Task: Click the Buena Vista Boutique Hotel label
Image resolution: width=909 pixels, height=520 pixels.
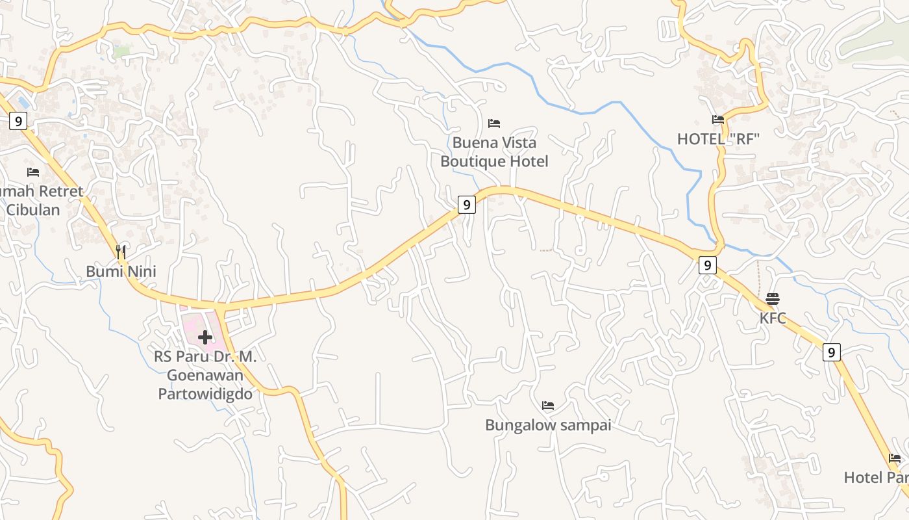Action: point(494,152)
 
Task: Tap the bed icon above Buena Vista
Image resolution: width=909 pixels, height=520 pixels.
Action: point(494,123)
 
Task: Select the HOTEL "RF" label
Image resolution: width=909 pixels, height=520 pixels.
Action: point(718,139)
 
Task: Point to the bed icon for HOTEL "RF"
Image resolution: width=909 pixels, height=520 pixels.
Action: point(718,120)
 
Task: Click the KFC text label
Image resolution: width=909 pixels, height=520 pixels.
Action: point(773,318)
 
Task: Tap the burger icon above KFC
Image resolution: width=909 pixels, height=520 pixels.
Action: point(773,299)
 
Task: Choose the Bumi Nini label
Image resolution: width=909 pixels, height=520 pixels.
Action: point(121,271)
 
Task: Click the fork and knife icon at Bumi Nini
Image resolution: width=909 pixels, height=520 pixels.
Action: point(121,252)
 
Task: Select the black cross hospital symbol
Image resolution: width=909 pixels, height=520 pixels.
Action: point(205,337)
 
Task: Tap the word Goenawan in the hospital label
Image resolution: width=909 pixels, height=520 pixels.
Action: point(205,375)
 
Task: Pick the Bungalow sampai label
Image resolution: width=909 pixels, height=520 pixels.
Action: point(548,425)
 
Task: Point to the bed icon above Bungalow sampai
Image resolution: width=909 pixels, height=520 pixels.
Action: point(548,406)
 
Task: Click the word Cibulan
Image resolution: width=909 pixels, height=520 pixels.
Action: point(33,210)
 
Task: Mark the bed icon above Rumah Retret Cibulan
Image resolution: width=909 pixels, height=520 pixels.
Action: point(33,172)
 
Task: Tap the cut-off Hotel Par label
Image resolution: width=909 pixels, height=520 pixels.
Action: point(875,478)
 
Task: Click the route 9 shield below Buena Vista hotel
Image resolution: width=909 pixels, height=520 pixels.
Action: point(466,205)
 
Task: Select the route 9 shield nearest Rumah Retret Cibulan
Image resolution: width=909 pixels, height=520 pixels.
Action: point(18,120)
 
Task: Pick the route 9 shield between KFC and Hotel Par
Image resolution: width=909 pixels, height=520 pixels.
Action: point(832,352)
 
